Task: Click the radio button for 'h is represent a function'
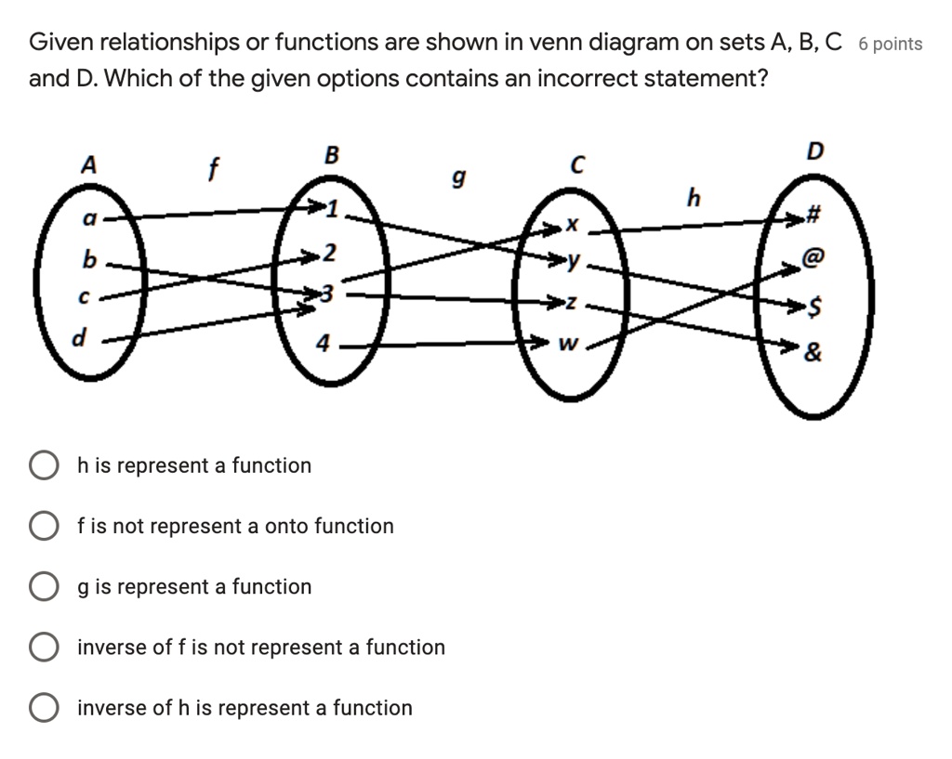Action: click(43, 465)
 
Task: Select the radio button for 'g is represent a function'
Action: click(43, 587)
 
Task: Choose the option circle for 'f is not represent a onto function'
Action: click(43, 527)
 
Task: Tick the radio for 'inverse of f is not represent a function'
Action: click(43, 648)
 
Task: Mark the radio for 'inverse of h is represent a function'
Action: click(43, 708)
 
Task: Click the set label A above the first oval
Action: click(88, 164)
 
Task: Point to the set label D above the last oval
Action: click(815, 150)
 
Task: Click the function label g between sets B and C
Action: click(456, 176)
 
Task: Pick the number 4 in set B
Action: click(323, 344)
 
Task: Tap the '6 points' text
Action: click(891, 44)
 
